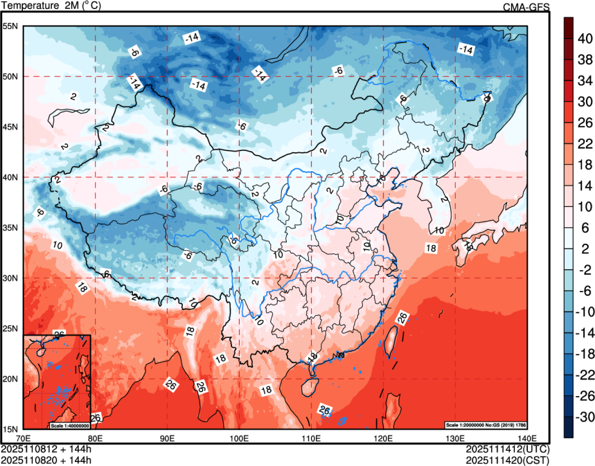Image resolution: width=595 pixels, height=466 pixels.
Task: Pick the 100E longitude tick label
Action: coord(239,438)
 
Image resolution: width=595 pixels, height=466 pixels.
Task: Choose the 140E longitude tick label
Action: coord(527,438)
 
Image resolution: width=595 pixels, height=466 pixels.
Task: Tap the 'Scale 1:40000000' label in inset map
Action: coord(69,425)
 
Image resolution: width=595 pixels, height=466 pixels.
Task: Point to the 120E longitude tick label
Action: coord(383,438)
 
